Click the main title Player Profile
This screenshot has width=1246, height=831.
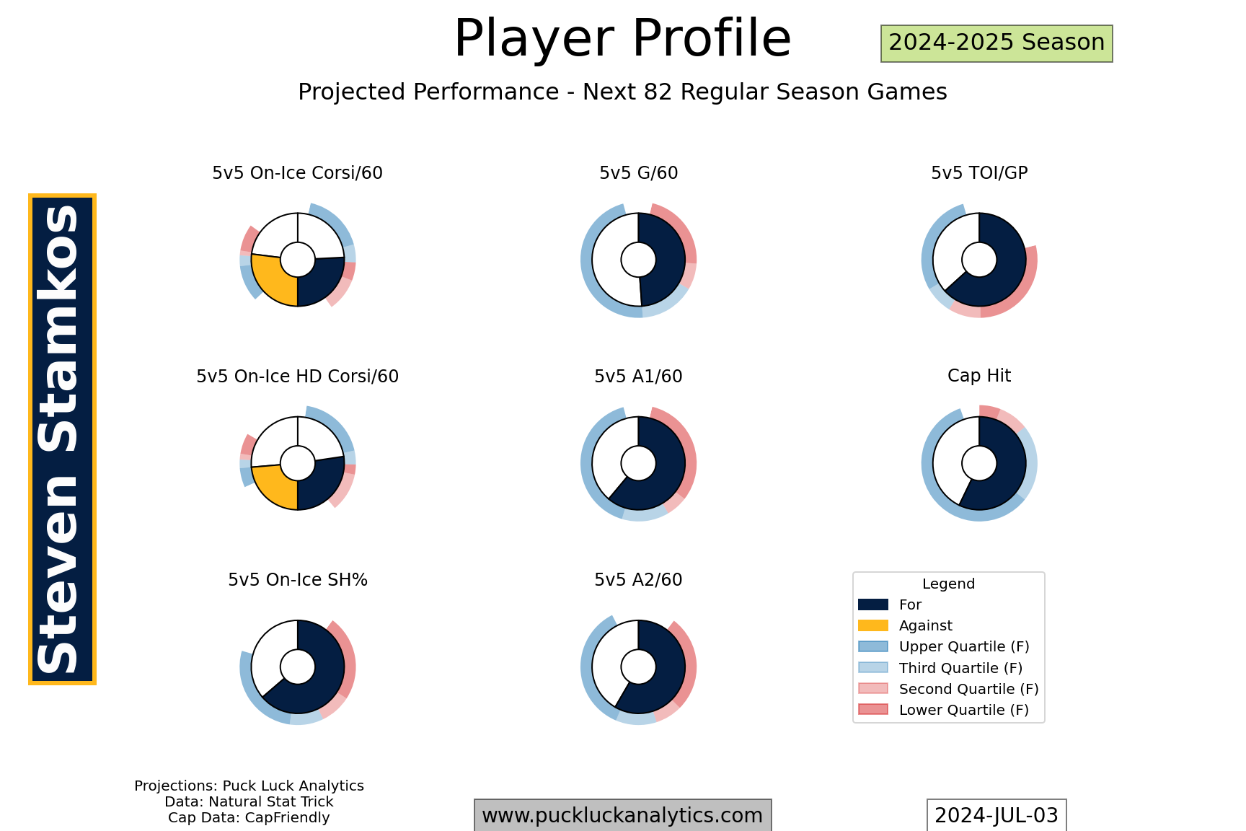click(x=622, y=39)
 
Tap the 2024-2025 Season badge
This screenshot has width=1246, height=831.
click(x=997, y=43)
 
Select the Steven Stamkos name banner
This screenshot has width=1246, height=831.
click(x=62, y=439)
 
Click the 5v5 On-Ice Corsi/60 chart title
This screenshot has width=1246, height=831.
click(x=297, y=173)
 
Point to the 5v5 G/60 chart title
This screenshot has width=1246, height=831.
click(x=638, y=173)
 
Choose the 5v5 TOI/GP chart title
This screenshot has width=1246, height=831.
click(x=979, y=173)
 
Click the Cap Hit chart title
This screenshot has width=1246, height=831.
click(x=979, y=376)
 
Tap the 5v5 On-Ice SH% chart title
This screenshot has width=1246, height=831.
click(x=298, y=580)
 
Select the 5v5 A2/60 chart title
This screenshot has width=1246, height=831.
click(x=638, y=580)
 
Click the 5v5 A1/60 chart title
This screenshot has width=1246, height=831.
click(x=638, y=377)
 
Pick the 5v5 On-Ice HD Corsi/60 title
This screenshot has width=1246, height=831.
click(x=297, y=377)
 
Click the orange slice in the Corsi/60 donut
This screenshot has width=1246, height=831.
click(x=272, y=281)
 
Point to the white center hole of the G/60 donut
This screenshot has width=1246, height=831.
click(x=638, y=260)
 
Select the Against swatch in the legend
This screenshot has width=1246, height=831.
click(x=873, y=625)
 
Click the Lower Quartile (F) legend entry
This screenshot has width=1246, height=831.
click(x=944, y=710)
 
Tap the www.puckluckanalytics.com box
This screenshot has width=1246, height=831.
click(x=622, y=815)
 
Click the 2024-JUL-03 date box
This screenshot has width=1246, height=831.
click(x=997, y=815)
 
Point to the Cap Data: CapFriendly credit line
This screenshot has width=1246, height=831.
click(x=249, y=818)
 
